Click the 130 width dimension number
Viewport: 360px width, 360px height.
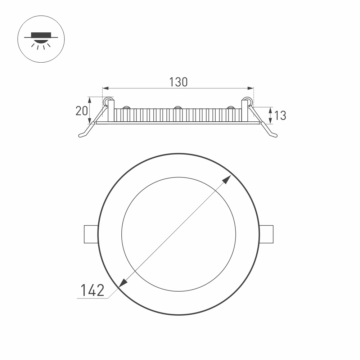tap(178, 82)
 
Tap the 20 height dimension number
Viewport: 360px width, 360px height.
tap(81, 111)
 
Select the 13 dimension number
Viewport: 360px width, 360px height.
tap(280, 116)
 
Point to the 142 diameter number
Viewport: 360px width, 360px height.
tap(92, 290)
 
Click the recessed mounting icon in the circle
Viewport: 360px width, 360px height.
tap(41, 39)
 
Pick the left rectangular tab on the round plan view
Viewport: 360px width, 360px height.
tap(91, 234)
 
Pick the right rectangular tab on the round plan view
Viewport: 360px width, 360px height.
tap(266, 234)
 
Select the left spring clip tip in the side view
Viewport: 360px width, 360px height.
tap(82, 135)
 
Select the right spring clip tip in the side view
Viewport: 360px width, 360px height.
tap(275, 135)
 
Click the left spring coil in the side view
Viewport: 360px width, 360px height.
tap(107, 102)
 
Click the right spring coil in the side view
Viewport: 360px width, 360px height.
tap(247, 102)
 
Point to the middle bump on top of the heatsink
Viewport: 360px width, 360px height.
tap(177, 107)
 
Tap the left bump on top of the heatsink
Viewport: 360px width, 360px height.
tap(126, 107)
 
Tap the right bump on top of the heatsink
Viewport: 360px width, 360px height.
tap(231, 107)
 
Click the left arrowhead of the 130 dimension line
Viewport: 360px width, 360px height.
tap(105, 88)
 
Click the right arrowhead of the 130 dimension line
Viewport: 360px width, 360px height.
tap(251, 88)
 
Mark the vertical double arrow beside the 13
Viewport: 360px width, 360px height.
tap(270, 115)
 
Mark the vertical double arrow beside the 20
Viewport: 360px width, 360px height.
tap(90, 110)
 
